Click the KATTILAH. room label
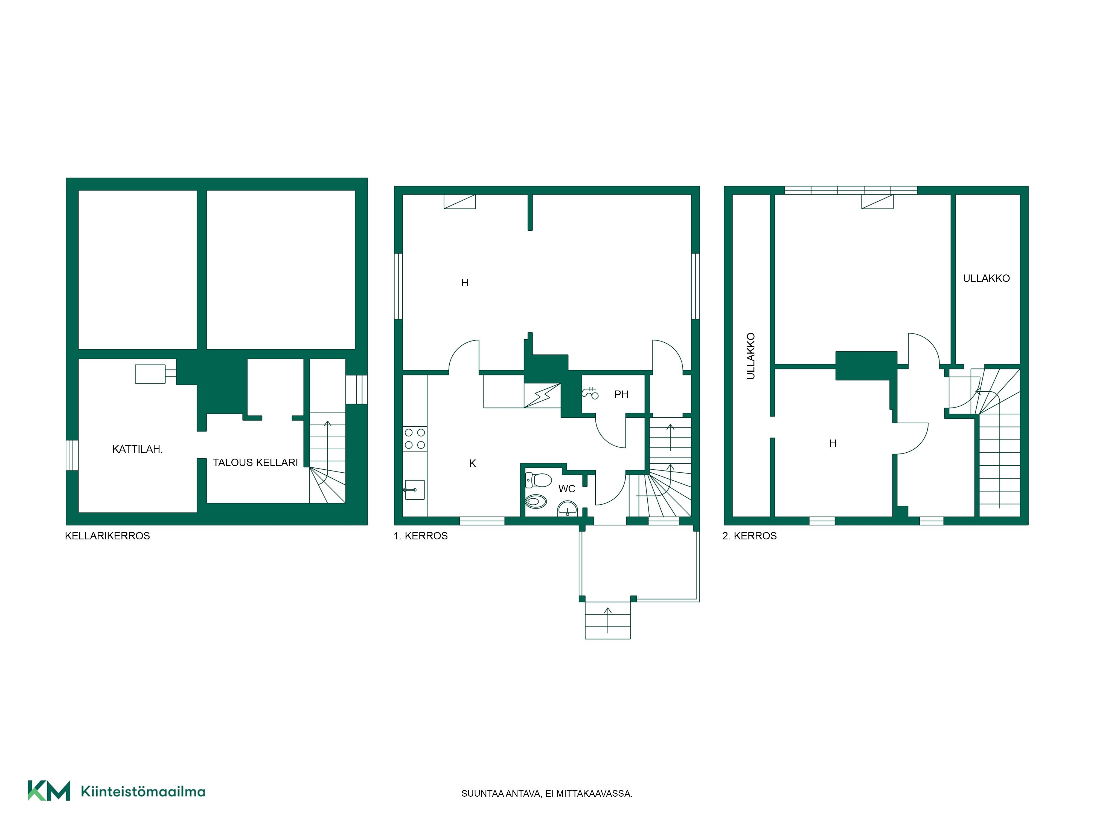tap(138, 449)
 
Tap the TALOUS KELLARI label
tap(255, 463)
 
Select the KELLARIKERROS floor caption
tap(107, 536)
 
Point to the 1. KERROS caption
tap(421, 536)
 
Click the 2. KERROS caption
tap(750, 536)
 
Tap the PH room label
tap(621, 394)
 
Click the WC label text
tap(567, 489)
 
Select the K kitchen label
tap(472, 463)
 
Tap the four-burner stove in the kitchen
tap(415, 439)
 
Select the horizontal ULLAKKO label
tap(986, 279)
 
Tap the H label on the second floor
tap(833, 443)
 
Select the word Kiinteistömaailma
tap(143, 792)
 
